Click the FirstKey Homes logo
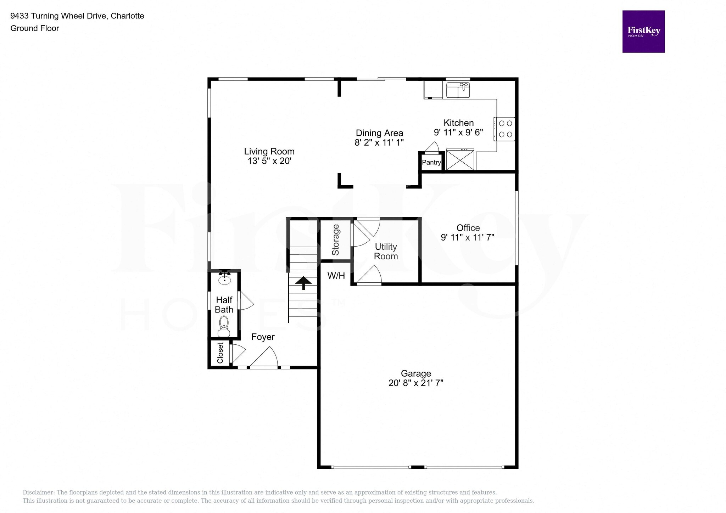point(643,32)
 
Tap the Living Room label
point(269,151)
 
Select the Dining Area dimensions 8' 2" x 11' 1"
point(379,142)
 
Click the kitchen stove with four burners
point(504,129)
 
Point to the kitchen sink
point(458,90)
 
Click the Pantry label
point(431,162)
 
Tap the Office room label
point(468,228)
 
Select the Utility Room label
point(386,252)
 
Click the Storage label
point(335,240)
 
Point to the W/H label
point(336,276)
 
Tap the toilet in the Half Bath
point(224,326)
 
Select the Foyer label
point(263,337)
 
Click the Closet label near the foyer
point(220,353)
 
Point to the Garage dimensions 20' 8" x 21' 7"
point(416,383)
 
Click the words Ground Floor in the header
point(35,28)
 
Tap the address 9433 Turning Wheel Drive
point(58,16)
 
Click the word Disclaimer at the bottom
point(38,492)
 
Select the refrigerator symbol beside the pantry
point(460,160)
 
